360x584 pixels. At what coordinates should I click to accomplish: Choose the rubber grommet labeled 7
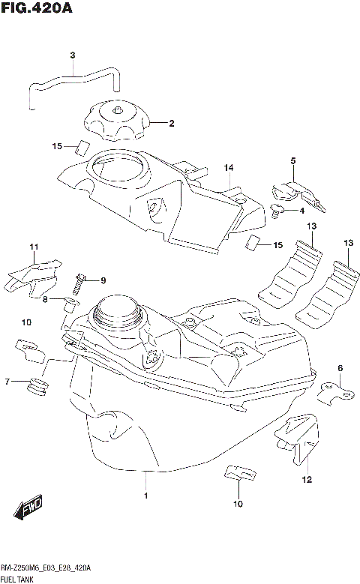[36, 386]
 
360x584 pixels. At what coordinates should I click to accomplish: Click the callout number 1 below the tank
[146, 496]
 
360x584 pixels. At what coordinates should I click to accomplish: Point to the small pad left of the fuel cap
[83, 146]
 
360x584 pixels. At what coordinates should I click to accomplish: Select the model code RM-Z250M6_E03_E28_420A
[46, 568]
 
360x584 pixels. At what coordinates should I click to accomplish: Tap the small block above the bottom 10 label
[238, 474]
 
